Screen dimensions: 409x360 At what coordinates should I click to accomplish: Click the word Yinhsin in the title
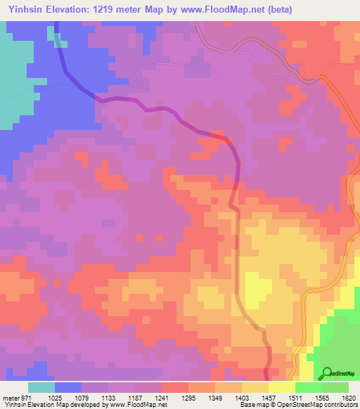point(21,9)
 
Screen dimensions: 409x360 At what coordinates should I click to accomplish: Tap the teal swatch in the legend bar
point(41,387)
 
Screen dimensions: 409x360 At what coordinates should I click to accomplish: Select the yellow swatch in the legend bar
point(281,387)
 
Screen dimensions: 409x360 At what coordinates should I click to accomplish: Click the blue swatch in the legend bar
point(68,387)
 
